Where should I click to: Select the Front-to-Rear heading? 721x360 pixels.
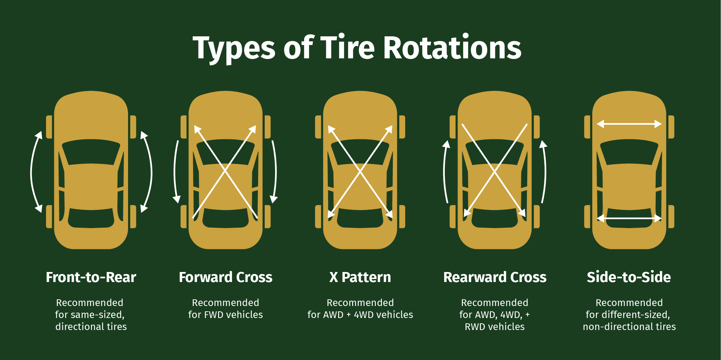(91, 277)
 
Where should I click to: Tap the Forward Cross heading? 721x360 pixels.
(225, 277)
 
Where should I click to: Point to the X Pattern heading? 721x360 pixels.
(360, 277)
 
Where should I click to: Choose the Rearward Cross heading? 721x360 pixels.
(495, 277)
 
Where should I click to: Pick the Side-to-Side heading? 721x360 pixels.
(629, 277)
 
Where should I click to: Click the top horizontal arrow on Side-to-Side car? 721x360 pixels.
(629, 124)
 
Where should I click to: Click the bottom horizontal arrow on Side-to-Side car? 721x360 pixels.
(629, 218)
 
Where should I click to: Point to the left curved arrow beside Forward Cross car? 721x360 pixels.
(175, 172)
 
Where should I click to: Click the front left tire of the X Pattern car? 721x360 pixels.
(318, 127)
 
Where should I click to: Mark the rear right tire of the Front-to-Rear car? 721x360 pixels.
(133, 217)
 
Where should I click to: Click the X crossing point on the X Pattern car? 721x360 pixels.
(360, 172)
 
